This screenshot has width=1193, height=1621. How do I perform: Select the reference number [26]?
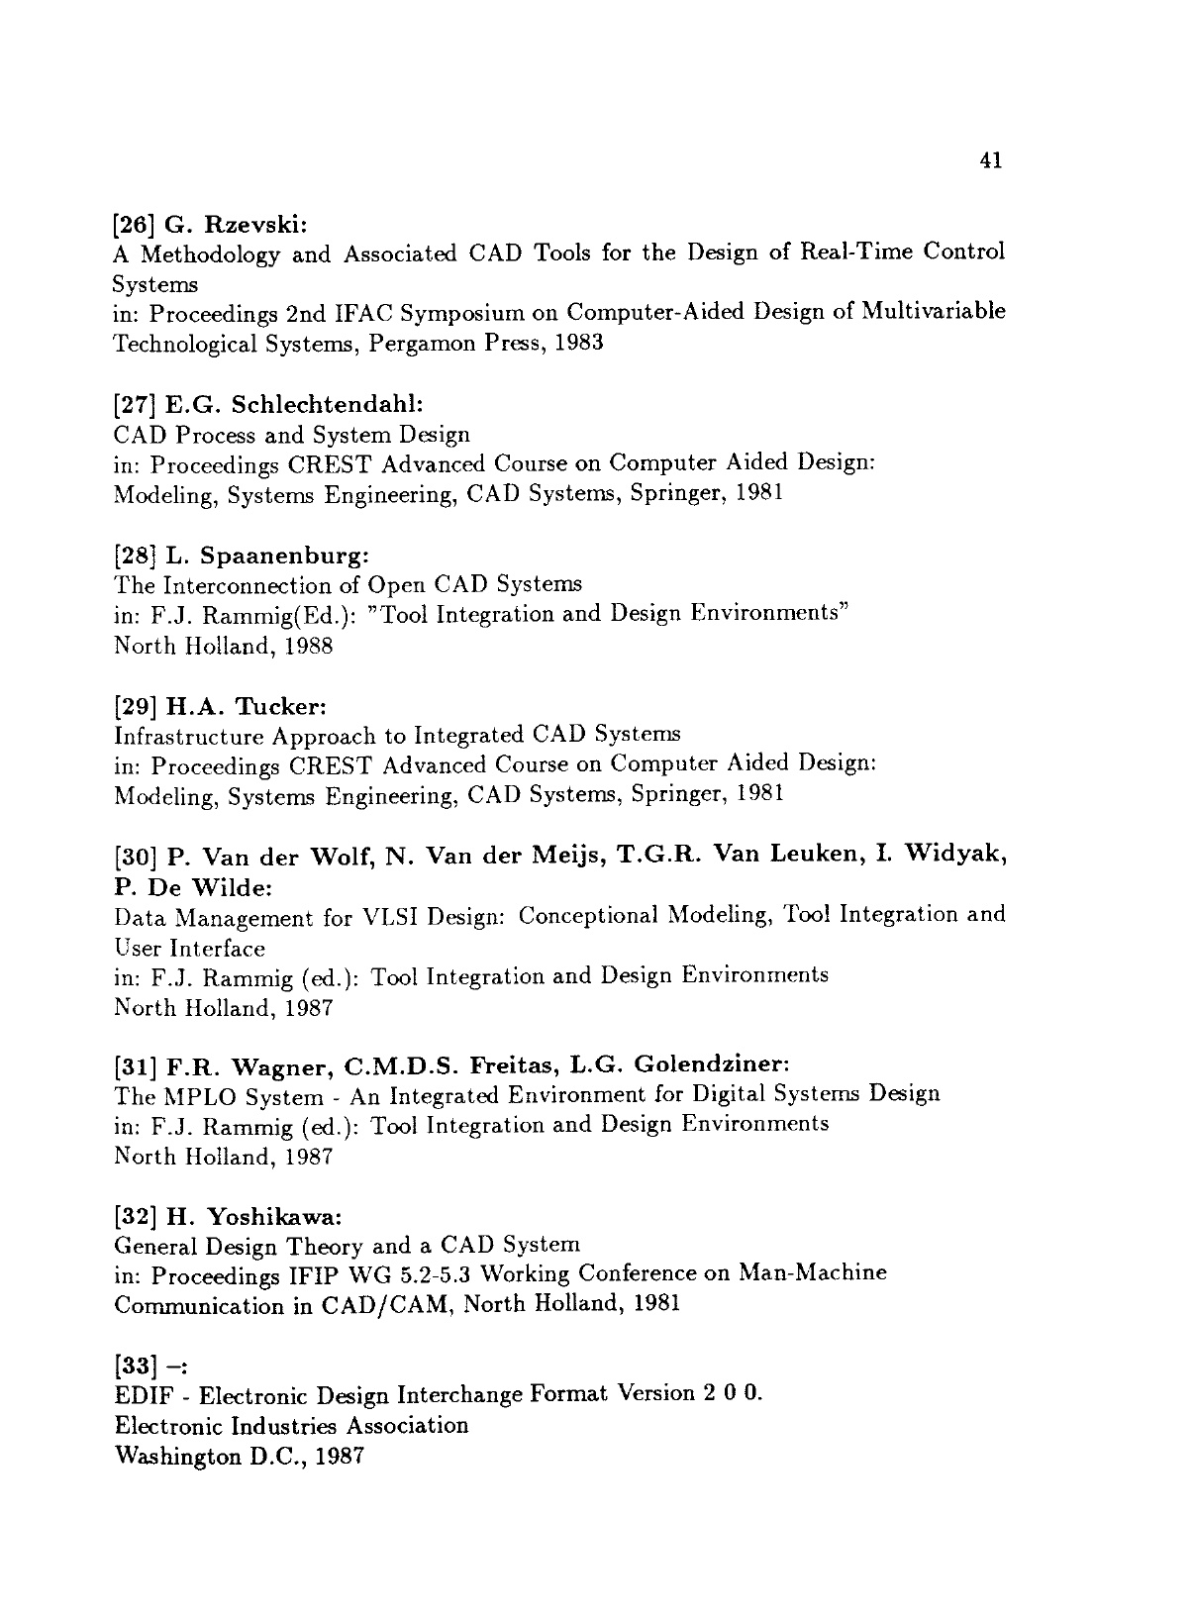point(131,223)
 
